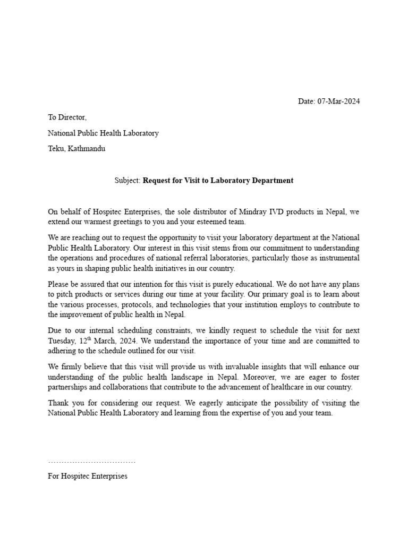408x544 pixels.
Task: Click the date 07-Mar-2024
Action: [x=338, y=101]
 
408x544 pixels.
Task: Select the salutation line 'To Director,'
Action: [x=67, y=117]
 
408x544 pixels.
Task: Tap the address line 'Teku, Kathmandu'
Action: [x=76, y=149]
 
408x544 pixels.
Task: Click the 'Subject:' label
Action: [x=127, y=181]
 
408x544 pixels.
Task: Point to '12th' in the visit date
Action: [x=86, y=340]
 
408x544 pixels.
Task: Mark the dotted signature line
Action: [x=91, y=462]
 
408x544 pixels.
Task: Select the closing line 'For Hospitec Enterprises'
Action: [x=88, y=476]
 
